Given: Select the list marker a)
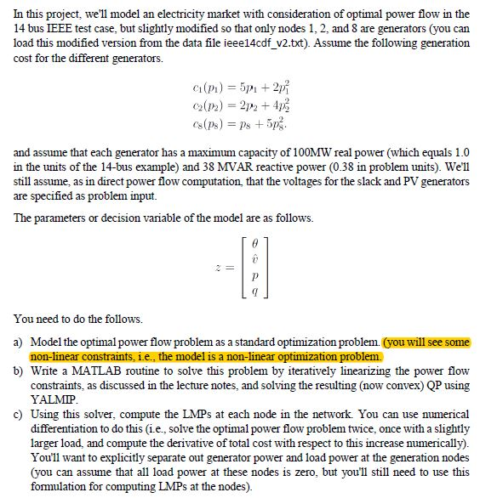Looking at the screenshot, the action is (x=20, y=342).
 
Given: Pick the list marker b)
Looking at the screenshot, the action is (x=20, y=371).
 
